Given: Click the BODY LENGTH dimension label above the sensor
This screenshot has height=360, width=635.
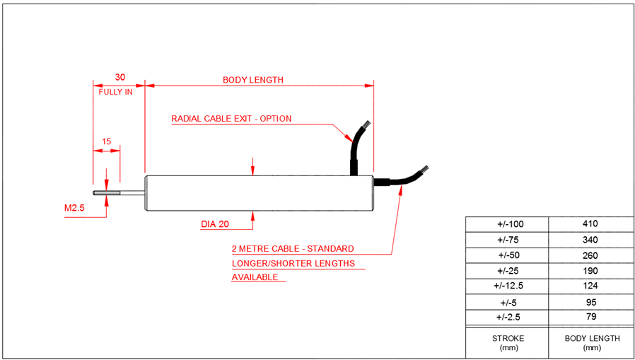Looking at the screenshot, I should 253,80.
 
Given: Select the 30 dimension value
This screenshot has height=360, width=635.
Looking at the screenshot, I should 120,77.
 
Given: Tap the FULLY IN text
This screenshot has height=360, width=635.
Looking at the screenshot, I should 115,92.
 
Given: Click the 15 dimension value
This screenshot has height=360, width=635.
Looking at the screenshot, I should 106,141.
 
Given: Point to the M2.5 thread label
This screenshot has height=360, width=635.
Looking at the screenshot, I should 74,208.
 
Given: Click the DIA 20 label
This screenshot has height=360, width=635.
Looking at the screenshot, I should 215,224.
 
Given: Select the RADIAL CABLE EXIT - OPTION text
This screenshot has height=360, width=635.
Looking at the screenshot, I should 231,119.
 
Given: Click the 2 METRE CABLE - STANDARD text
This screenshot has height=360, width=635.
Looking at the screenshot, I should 293,249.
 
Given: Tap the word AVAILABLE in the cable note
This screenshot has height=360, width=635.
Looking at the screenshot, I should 255,277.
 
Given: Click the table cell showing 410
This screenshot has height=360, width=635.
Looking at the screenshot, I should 590,224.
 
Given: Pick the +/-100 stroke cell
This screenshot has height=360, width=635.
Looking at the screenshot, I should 507,224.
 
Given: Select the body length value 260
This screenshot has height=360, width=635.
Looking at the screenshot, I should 590,255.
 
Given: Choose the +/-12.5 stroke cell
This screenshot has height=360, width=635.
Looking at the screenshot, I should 507,286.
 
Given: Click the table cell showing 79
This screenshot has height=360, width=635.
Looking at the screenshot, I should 590,317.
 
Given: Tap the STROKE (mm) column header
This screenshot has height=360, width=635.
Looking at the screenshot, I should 507,342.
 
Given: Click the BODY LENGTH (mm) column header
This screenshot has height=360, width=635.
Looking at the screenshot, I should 591,342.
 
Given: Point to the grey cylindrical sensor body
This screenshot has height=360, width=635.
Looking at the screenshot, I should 259,193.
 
